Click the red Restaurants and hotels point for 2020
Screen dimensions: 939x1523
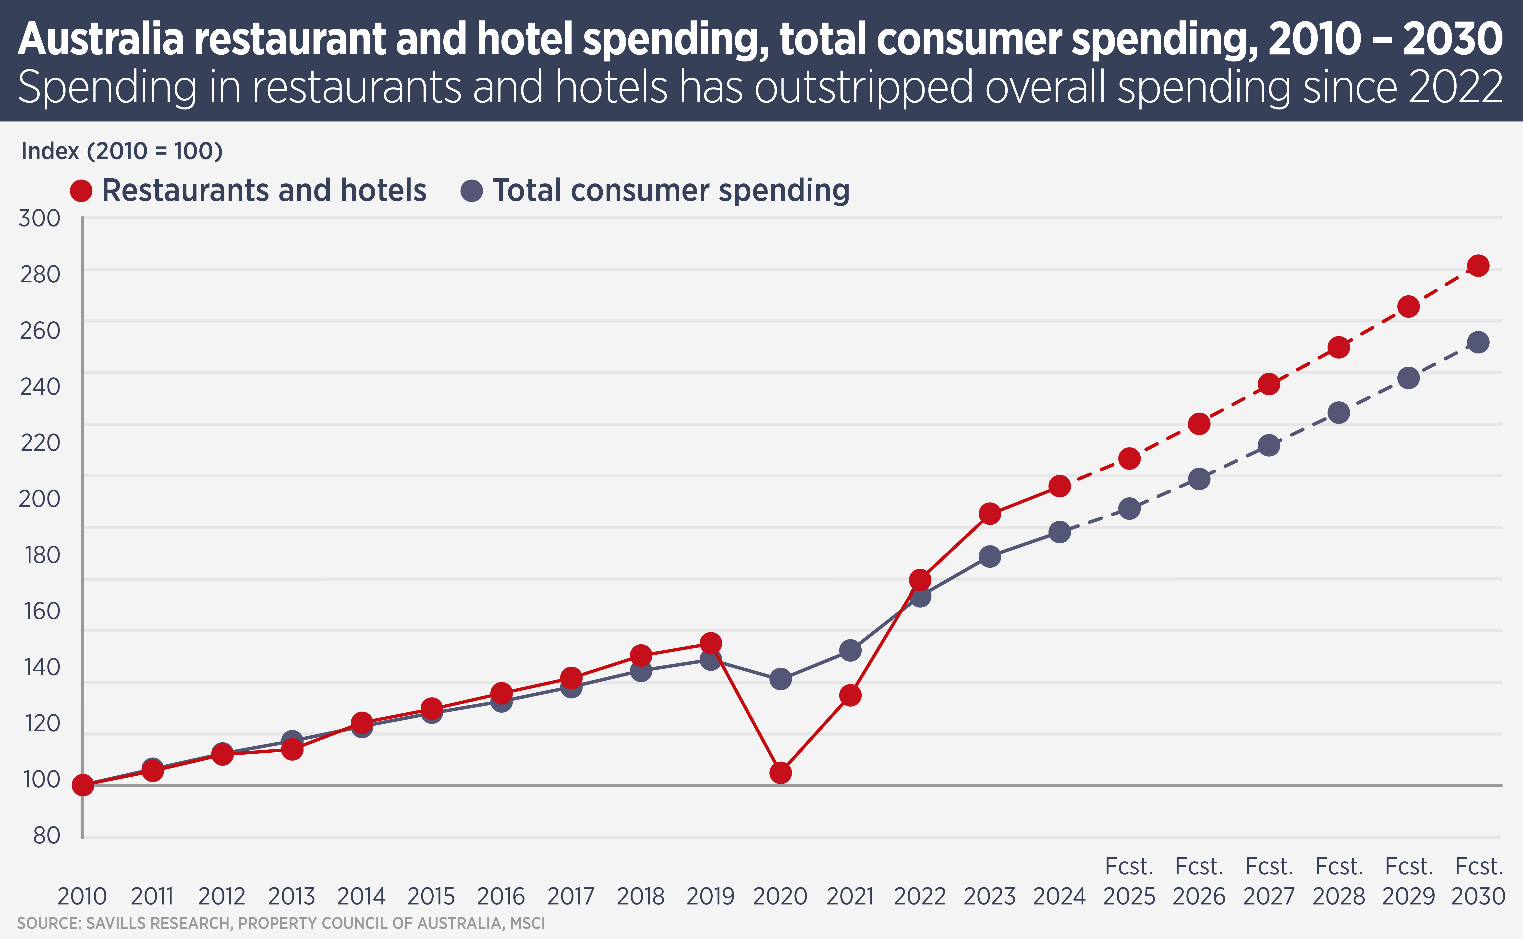tap(780, 772)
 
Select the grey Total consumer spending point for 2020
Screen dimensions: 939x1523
tap(780, 679)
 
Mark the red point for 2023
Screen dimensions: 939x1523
tap(989, 514)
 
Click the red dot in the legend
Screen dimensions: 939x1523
tap(81, 191)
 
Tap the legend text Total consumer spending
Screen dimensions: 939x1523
tap(671, 191)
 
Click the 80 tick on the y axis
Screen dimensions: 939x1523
tap(47, 835)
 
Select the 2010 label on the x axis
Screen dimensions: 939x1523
tap(82, 896)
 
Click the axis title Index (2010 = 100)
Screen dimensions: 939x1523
tap(122, 151)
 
